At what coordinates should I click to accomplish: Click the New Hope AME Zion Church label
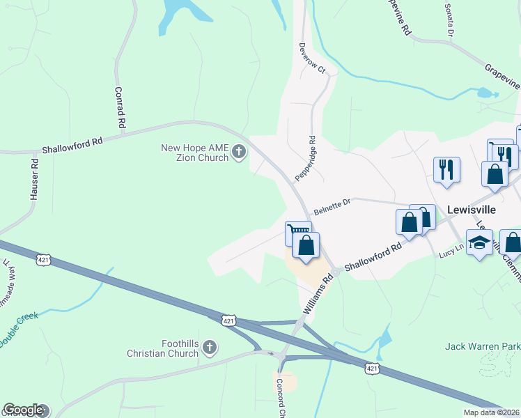click(194, 153)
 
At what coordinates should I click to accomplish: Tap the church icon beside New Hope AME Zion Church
click(239, 152)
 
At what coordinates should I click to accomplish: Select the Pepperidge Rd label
click(306, 159)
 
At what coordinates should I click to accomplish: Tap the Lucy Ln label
click(451, 252)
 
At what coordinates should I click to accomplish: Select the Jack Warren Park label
click(483, 346)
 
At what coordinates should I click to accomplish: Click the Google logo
click(23, 410)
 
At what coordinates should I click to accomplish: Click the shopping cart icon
click(297, 232)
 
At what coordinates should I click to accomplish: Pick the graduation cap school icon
click(479, 242)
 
